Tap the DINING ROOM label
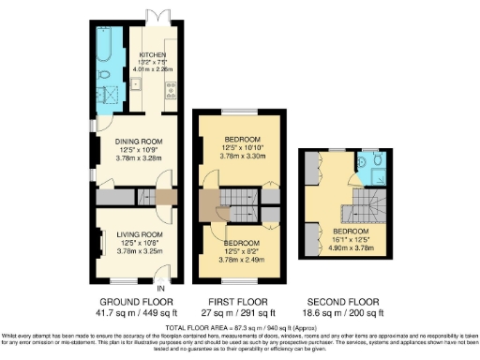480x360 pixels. coord(139,141)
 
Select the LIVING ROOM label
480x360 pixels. coord(139,234)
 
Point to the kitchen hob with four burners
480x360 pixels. coord(172,90)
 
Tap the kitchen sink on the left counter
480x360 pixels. coord(136,85)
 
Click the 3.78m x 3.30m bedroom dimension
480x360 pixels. coord(240,157)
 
